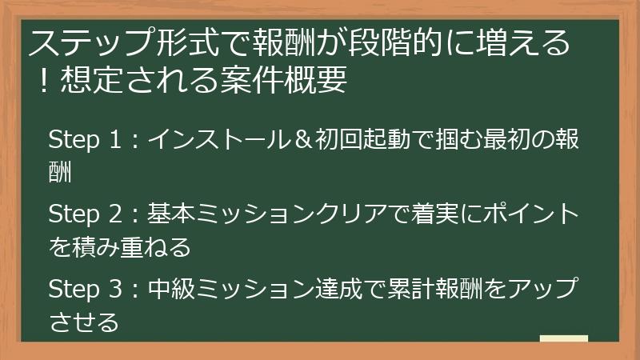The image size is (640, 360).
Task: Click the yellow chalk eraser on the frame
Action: point(563,339)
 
